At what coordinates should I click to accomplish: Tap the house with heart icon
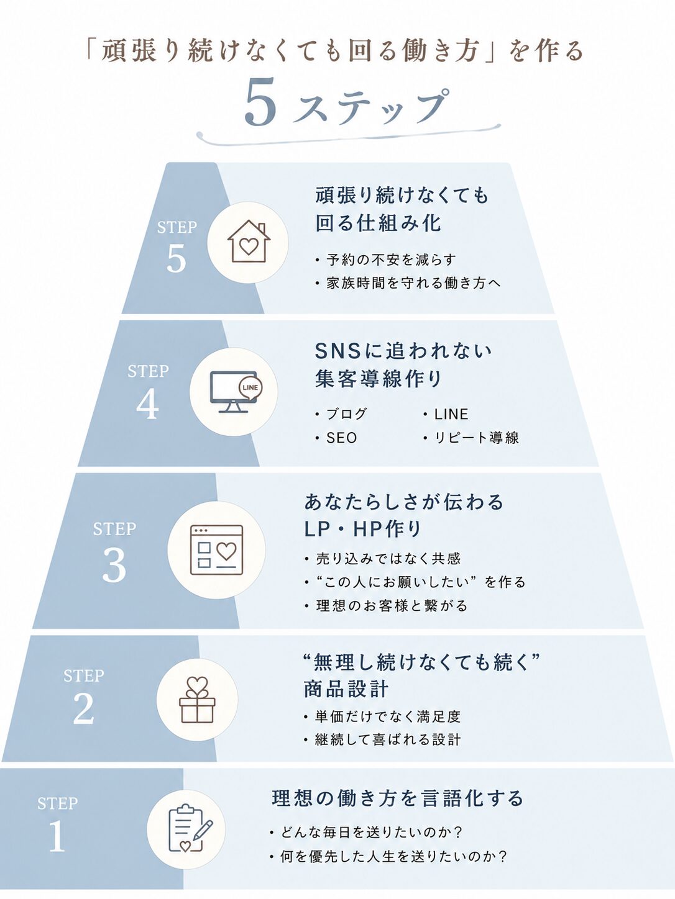(x=249, y=242)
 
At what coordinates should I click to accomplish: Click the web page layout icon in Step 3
(x=216, y=550)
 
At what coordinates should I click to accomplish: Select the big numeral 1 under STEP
(x=57, y=836)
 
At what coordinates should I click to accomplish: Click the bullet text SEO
(x=341, y=438)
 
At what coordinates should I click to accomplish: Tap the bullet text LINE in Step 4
(x=451, y=414)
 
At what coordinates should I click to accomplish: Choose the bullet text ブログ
(x=346, y=414)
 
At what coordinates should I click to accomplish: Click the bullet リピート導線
(x=477, y=438)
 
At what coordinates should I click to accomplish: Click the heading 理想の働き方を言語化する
(x=398, y=798)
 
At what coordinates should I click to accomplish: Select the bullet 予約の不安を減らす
(x=392, y=260)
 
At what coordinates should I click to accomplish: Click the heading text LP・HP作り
(x=362, y=529)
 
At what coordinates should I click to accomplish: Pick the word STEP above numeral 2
(x=84, y=675)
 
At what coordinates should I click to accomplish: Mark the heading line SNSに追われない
(x=403, y=351)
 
